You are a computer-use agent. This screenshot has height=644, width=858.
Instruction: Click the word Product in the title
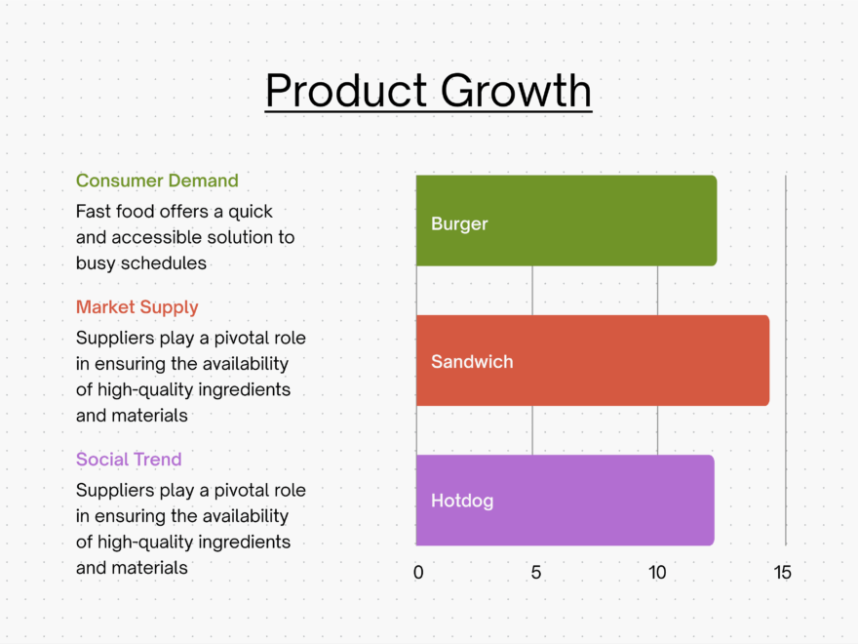click(346, 91)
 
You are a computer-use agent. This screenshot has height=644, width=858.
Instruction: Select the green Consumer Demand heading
click(157, 181)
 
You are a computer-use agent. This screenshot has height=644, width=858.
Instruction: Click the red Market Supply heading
click(137, 307)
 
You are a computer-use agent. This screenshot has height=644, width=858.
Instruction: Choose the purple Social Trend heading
click(129, 460)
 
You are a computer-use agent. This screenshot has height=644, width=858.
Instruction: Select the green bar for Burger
click(585, 221)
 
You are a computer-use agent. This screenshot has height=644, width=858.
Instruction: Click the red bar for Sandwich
click(624, 361)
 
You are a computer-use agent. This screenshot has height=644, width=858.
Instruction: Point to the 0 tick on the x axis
click(418, 573)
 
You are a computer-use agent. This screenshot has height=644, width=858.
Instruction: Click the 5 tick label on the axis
click(536, 573)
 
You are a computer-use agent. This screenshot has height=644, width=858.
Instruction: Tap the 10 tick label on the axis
click(658, 573)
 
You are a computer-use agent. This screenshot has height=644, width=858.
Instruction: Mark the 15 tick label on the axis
click(783, 573)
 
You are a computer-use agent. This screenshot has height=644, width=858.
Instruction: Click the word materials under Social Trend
click(150, 567)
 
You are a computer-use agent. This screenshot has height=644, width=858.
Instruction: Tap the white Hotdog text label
click(462, 502)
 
